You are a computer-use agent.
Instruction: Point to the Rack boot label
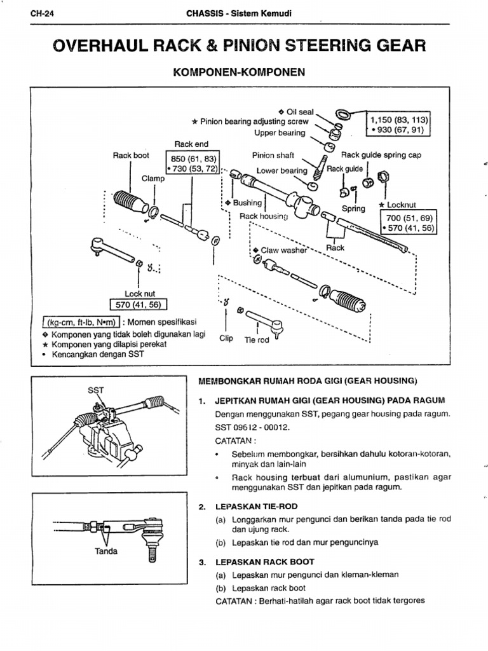pos(131,154)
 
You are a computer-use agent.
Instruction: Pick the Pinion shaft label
pos(273,154)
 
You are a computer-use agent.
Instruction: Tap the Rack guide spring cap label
pos(381,154)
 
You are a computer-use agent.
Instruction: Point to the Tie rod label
pos(257,339)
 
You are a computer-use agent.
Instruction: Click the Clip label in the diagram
pos(226,339)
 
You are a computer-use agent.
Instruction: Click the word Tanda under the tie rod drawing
pos(106,551)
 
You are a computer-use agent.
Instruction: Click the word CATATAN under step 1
pos(234,441)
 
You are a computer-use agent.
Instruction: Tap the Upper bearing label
pos(280,133)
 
